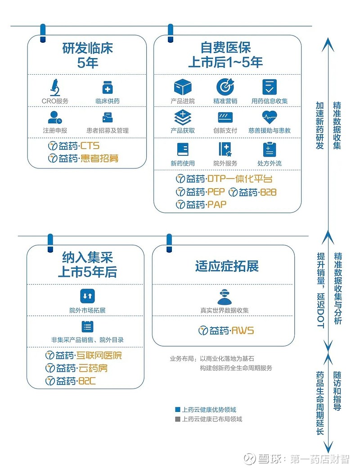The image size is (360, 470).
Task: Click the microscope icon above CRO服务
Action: point(55,87)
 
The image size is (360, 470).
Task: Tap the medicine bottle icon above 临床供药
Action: point(107,87)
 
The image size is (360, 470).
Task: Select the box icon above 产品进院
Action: point(183,87)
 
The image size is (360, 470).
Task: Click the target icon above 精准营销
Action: point(225,86)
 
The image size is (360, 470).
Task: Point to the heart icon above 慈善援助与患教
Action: point(269,117)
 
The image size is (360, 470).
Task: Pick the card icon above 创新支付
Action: point(225,117)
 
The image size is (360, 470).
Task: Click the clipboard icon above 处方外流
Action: point(269,149)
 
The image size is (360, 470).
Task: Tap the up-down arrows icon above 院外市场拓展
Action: point(87,296)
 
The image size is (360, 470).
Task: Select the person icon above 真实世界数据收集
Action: point(225,296)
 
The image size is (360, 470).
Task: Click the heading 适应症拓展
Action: point(227,266)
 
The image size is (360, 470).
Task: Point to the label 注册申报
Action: point(55,131)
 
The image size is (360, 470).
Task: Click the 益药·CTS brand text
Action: point(74,146)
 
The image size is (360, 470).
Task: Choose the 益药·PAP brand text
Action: point(201,205)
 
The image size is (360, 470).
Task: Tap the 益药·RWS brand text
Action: point(226,330)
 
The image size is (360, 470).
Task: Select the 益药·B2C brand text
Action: point(70,381)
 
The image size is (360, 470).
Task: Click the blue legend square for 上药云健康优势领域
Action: point(178,410)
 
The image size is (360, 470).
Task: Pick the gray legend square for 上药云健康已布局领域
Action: point(178,419)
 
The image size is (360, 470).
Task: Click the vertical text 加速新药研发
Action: point(320,125)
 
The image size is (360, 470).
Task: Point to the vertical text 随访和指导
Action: point(337,391)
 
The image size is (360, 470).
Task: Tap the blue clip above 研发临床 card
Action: point(43,33)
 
